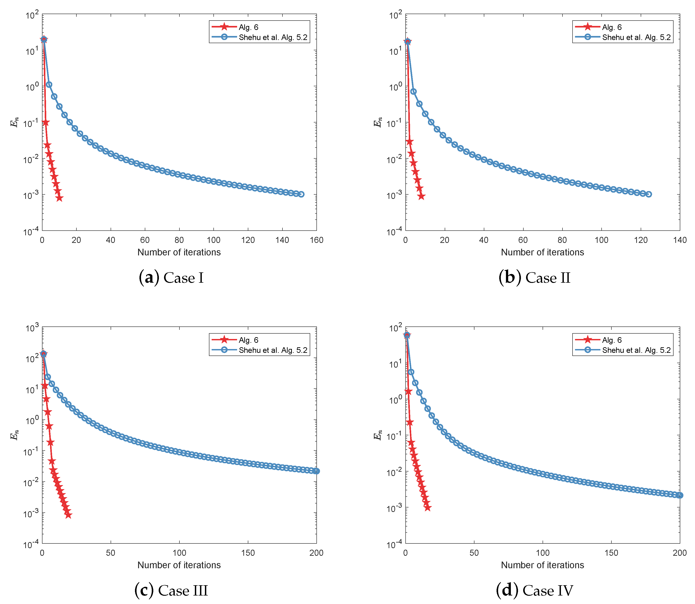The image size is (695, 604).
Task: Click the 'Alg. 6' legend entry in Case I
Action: (x=249, y=27)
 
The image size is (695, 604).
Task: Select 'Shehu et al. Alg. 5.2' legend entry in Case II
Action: (x=636, y=37)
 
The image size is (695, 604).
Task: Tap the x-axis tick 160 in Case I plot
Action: (x=316, y=240)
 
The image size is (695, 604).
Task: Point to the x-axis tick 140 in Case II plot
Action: (x=680, y=240)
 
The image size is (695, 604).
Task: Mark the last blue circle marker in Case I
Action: (x=301, y=194)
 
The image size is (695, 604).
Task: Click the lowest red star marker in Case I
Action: (x=59, y=198)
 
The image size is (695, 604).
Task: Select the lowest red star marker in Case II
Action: (x=421, y=196)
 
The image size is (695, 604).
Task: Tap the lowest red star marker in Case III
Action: (x=68, y=515)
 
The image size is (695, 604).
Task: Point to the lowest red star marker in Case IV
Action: (x=427, y=508)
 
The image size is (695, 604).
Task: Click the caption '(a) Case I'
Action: (x=171, y=278)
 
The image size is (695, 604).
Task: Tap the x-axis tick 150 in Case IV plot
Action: (x=611, y=553)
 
